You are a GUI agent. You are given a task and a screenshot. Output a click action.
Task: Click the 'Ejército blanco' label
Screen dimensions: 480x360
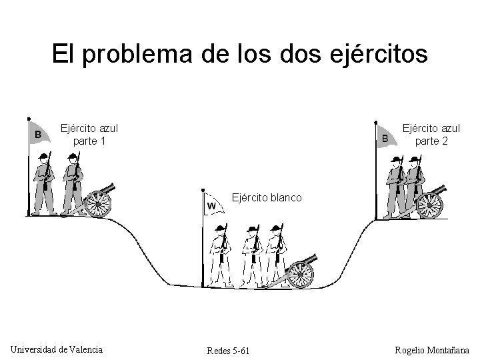pyautogui.click(x=267, y=198)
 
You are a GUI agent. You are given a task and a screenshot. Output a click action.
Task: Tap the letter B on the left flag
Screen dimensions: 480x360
pyautogui.click(x=39, y=135)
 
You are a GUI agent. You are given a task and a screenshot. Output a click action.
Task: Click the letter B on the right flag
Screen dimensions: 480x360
pyautogui.click(x=385, y=138)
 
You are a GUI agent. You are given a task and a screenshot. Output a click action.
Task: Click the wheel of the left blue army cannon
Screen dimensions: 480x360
pyautogui.click(x=99, y=203)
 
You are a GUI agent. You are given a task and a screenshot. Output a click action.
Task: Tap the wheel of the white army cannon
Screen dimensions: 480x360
pyautogui.click(x=301, y=274)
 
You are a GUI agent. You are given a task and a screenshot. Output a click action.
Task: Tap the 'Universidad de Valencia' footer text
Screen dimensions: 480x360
pyautogui.click(x=57, y=349)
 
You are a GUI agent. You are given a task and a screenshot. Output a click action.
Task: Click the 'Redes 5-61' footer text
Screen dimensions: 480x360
pyautogui.click(x=229, y=351)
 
